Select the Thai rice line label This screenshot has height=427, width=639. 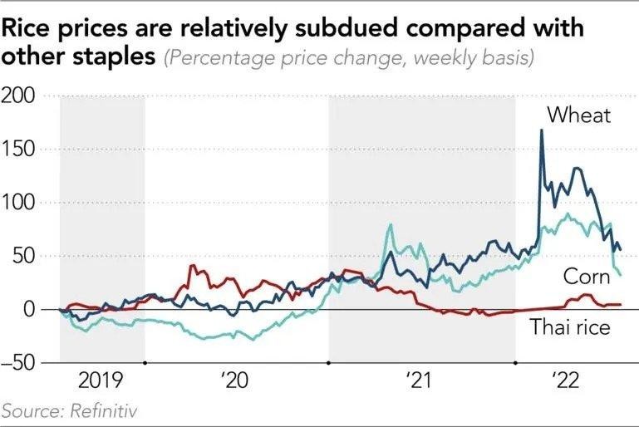[x=570, y=326]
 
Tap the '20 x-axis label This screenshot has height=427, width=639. [x=236, y=382]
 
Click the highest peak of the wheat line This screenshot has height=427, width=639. [x=542, y=130]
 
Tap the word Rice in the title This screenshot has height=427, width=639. [x=27, y=29]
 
